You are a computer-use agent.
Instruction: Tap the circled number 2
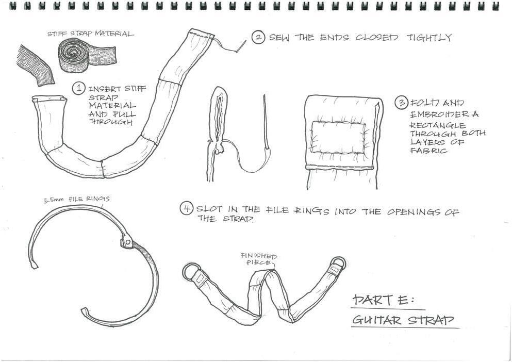[258, 38]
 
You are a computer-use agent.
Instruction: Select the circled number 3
[401, 103]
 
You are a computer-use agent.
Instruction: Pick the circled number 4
[186, 209]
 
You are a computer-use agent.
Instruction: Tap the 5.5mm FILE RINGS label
[76, 199]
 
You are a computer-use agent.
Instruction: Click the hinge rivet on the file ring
[127, 240]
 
